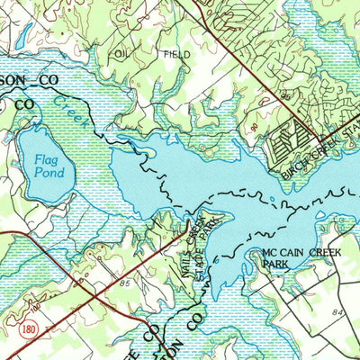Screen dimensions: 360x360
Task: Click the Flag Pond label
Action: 37,166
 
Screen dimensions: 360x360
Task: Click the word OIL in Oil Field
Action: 123,53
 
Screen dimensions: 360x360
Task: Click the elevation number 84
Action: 337,311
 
